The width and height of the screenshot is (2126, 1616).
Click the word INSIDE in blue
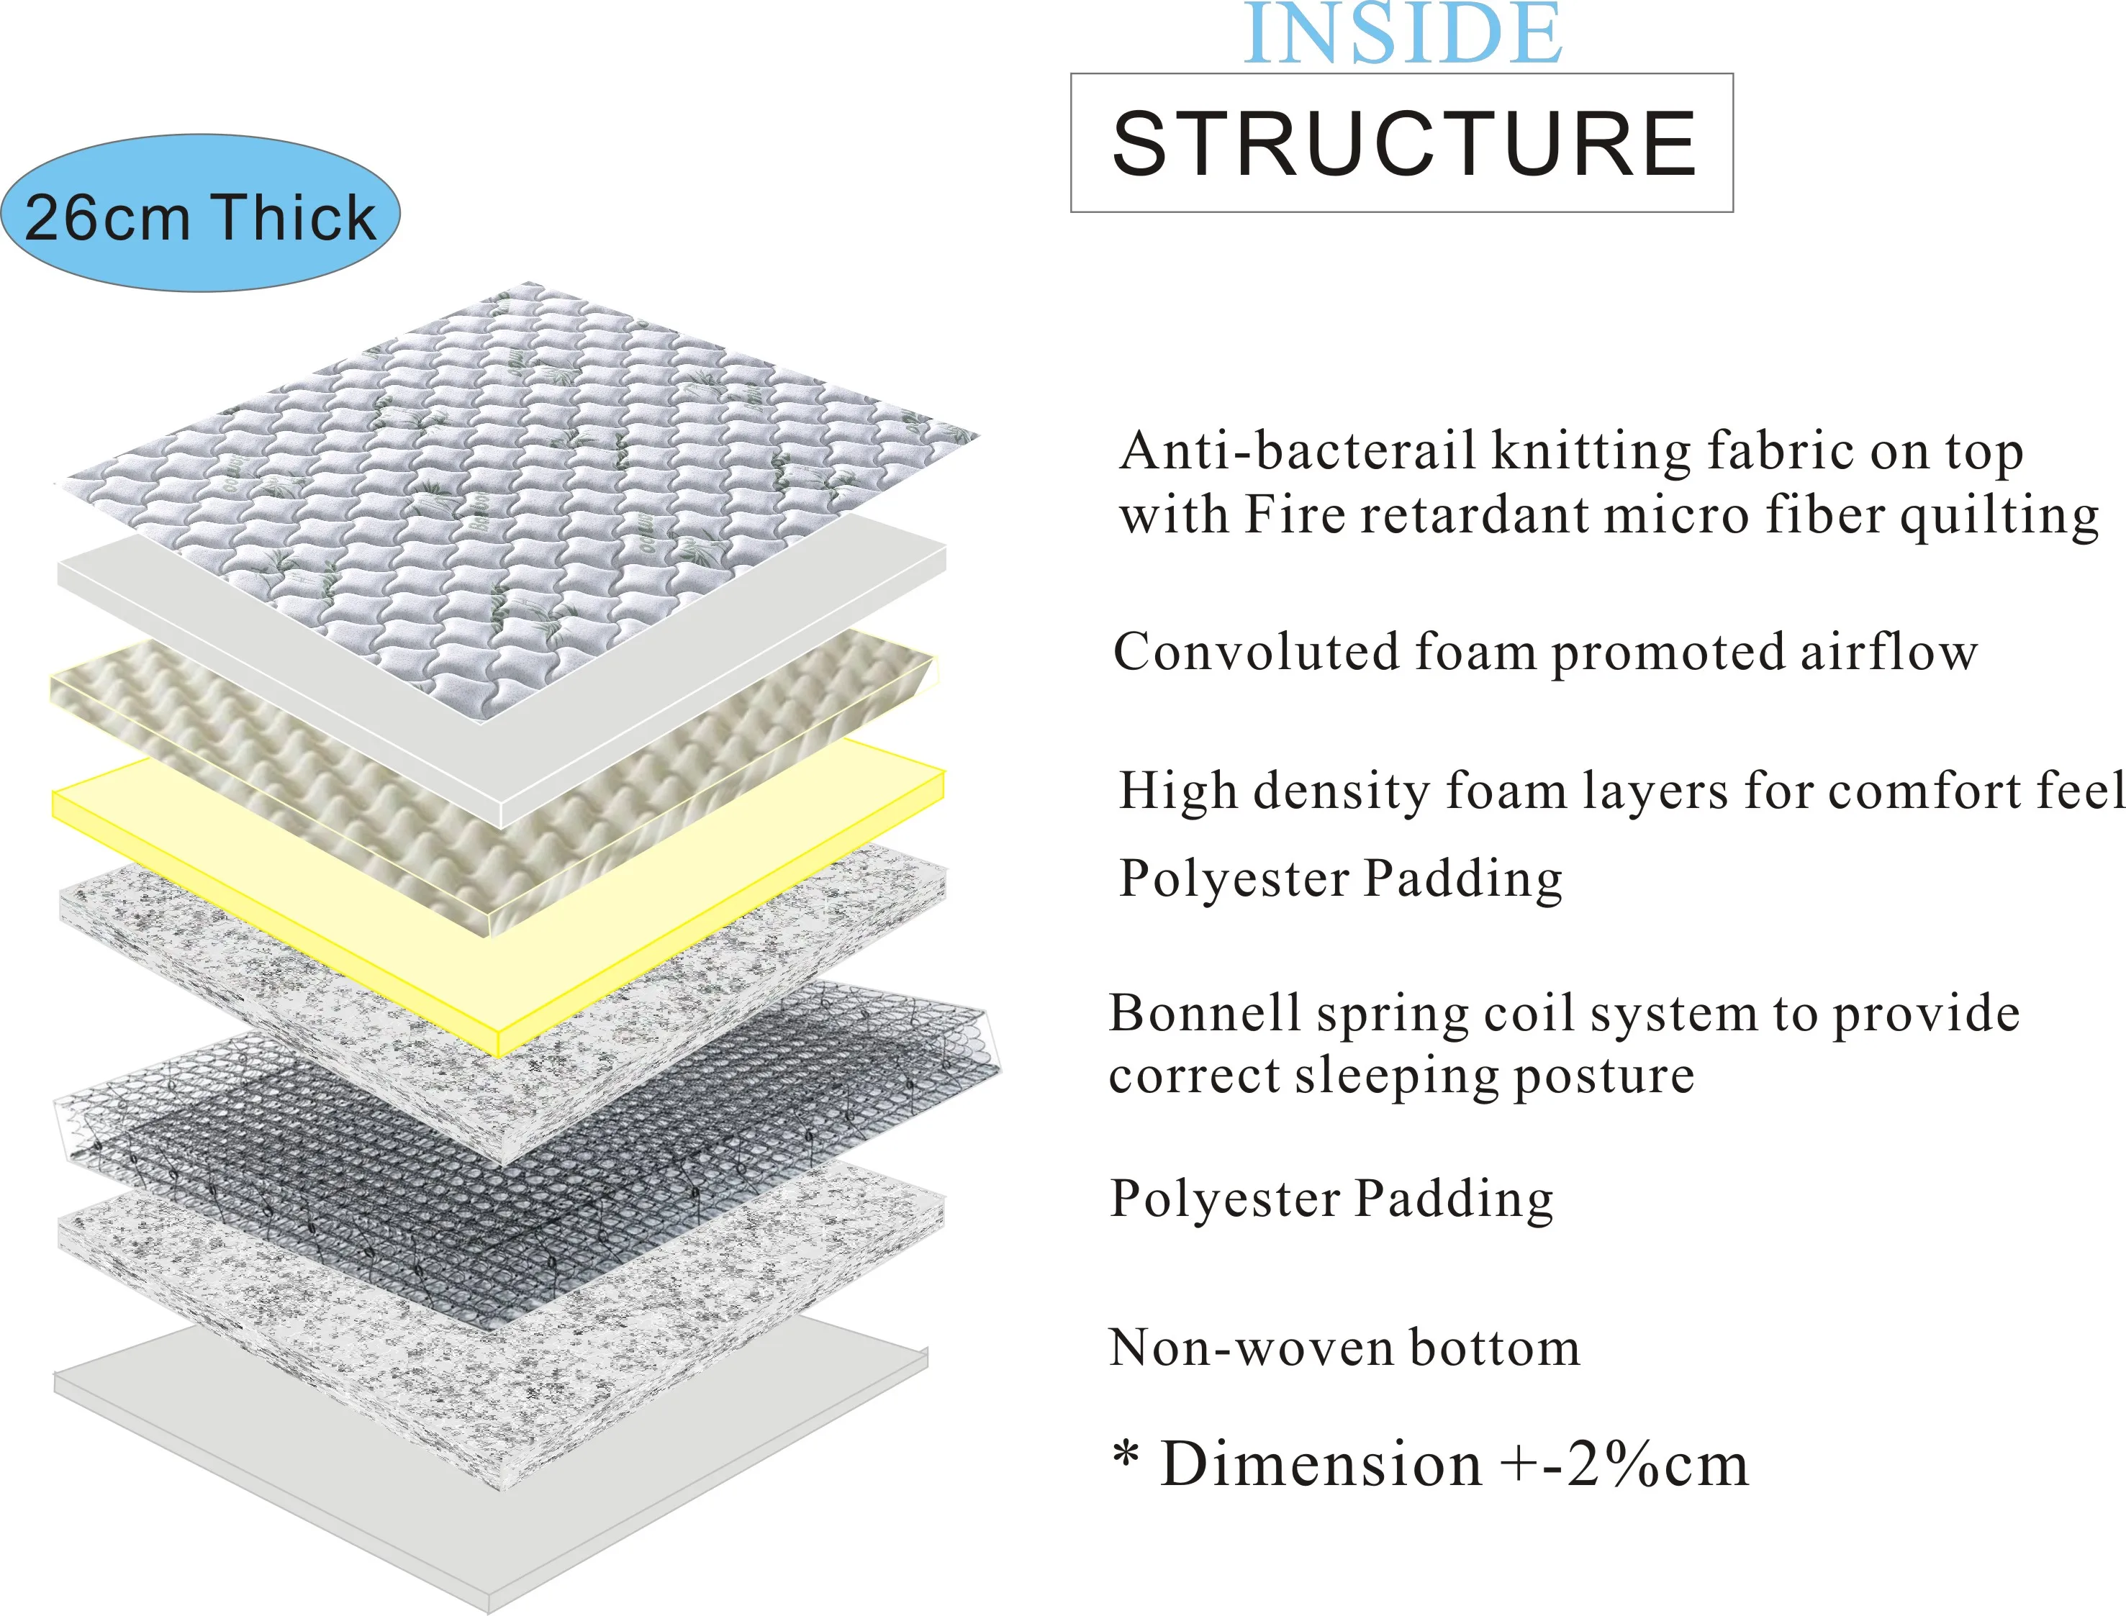coord(1403,35)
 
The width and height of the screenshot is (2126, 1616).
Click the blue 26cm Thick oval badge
coord(200,214)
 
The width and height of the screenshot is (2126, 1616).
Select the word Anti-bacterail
coord(1298,450)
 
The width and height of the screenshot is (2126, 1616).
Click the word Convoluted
coord(1255,652)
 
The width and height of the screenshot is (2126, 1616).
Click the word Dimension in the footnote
coord(1320,1464)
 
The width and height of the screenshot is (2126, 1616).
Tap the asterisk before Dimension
coord(1126,1454)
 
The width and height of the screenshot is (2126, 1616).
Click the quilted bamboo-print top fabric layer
coord(520,481)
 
